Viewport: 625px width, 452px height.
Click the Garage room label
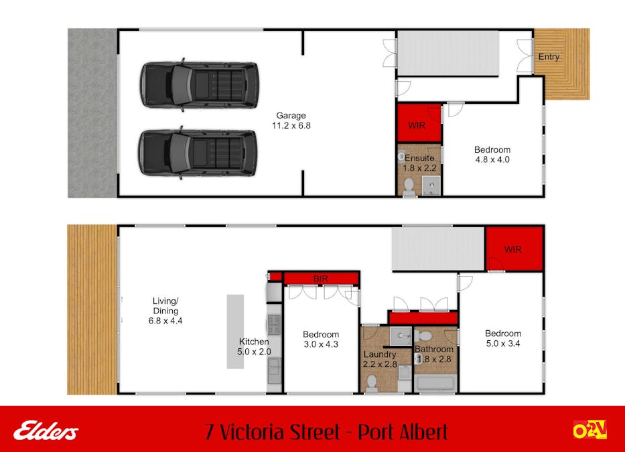point(291,116)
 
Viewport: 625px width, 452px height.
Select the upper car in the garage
point(200,84)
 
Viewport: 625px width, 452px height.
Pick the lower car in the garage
point(198,153)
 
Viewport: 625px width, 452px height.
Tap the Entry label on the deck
point(549,57)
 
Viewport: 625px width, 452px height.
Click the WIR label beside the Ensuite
point(417,126)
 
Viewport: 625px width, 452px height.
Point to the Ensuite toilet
point(409,187)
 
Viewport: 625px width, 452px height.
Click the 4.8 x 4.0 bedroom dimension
point(492,159)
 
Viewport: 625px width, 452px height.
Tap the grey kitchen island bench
point(235,331)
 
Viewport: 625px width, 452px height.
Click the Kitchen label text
point(254,342)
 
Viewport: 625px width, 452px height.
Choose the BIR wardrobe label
point(320,279)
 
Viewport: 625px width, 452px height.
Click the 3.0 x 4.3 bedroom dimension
point(321,344)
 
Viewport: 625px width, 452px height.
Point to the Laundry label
point(379,354)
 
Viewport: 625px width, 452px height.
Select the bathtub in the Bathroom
point(435,384)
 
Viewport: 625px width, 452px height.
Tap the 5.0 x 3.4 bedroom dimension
point(503,344)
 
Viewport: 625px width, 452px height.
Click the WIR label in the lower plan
point(512,250)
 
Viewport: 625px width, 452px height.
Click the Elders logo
point(46,431)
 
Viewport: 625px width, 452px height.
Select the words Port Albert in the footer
point(403,432)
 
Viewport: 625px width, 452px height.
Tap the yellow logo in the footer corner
point(590,430)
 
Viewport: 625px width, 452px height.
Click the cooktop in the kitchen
point(274,325)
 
